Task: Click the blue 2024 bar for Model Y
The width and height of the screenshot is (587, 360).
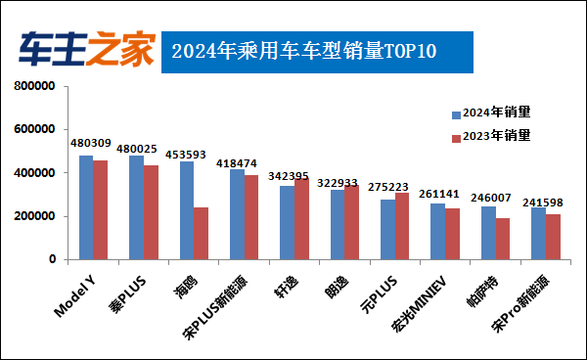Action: pos(86,207)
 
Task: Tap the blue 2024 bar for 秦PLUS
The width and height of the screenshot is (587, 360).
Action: pos(136,207)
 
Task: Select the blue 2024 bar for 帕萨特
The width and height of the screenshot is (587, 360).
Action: pos(488,233)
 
